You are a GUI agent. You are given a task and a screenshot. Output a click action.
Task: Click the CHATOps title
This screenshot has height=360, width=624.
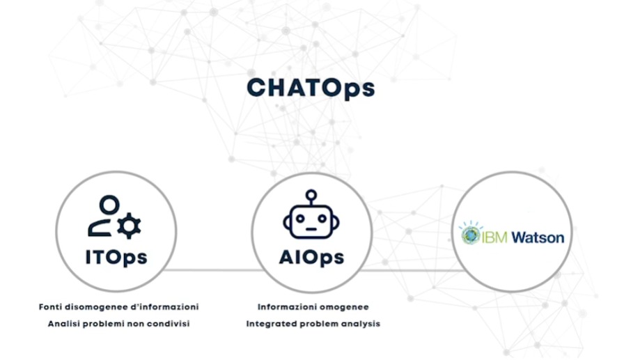pyautogui.click(x=311, y=89)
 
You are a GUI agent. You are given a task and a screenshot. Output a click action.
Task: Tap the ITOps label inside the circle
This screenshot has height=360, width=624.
pyautogui.click(x=116, y=257)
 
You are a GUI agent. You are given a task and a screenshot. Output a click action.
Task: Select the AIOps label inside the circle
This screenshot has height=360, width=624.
pyautogui.click(x=311, y=257)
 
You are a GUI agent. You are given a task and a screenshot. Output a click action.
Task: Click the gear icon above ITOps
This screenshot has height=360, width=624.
pyautogui.click(x=130, y=225)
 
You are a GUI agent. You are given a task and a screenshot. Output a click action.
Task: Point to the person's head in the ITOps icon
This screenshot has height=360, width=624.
pyautogui.click(x=109, y=205)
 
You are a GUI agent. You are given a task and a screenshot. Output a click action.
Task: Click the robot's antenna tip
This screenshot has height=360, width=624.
pyautogui.click(x=311, y=194)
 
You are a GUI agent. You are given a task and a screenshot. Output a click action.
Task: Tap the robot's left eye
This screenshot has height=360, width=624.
pyautogui.click(x=301, y=218)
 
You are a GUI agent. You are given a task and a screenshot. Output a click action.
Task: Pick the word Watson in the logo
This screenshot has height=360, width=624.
pyautogui.click(x=538, y=237)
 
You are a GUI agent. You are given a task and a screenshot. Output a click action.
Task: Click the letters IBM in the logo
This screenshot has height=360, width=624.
pyautogui.click(x=496, y=237)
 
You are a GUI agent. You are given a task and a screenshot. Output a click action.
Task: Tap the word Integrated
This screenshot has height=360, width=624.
pyautogui.click(x=272, y=324)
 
